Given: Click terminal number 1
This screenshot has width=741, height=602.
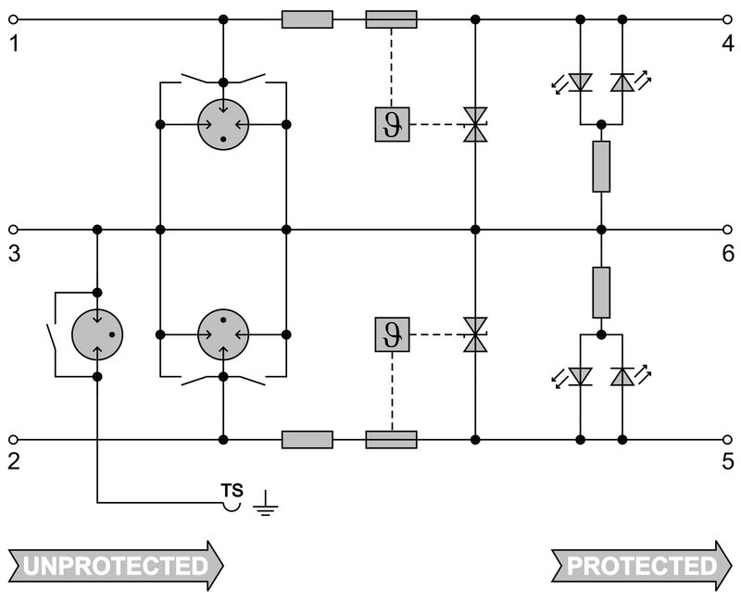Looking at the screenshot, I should click(x=14, y=43).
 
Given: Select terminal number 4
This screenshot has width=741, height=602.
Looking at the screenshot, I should click(x=728, y=43).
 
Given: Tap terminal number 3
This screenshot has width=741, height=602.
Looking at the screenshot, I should click(x=14, y=253).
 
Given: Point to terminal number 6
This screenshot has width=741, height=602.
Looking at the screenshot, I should click(x=728, y=253).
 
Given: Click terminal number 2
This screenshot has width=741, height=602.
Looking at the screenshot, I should click(x=14, y=461).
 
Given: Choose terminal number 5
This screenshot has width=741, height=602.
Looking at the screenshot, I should click(x=728, y=461).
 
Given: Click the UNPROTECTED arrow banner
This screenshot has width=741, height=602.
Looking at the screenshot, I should click(x=116, y=565).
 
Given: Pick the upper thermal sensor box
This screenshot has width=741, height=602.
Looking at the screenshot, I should click(x=391, y=124).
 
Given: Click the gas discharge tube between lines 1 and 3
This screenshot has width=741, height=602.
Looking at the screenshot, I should click(x=223, y=124).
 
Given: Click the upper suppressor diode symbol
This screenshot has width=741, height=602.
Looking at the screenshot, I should click(x=475, y=124).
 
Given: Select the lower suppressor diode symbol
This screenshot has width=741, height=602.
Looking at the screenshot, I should click(x=475, y=333).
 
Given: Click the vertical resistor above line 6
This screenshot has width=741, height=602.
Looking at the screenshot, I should click(x=601, y=167).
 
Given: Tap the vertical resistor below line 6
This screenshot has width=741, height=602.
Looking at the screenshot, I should click(x=601, y=292).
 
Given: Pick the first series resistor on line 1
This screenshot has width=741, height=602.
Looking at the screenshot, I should click(x=307, y=19).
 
